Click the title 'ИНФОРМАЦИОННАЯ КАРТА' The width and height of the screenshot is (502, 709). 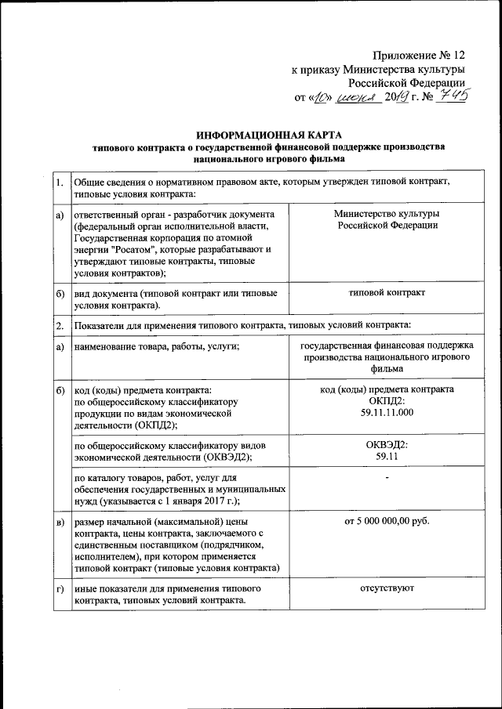coord(279,135)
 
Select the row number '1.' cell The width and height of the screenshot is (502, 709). coord(60,183)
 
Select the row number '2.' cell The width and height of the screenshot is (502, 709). coord(60,324)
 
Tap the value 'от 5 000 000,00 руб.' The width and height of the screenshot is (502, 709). coord(387,521)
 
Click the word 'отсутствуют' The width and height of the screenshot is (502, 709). coord(387,587)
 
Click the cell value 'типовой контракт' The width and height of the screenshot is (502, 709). coord(387,292)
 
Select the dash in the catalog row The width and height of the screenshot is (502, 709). coord(387,477)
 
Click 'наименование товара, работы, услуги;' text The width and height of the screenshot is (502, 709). coord(155,346)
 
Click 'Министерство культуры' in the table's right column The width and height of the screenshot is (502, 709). coord(387,214)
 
